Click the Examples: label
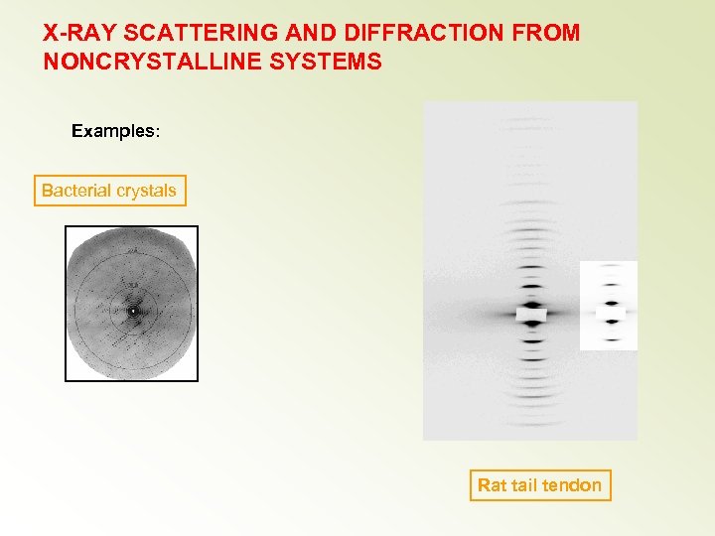point(114,131)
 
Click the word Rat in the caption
point(492,485)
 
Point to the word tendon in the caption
point(571,485)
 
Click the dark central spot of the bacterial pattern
point(132,311)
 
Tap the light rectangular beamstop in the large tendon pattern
point(531,314)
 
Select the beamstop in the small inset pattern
point(609,313)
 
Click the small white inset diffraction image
point(608,306)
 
